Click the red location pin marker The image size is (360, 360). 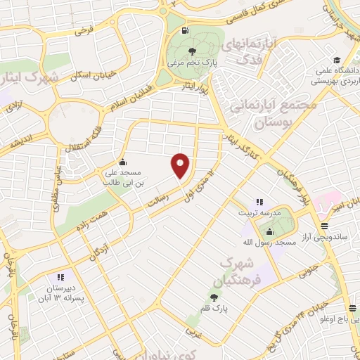181,166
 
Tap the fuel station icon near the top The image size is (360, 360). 184,30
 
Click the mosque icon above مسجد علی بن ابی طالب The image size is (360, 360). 123,161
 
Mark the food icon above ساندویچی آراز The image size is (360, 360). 324,226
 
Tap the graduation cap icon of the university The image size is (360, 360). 337,60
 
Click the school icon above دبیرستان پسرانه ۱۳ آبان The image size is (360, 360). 60,278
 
